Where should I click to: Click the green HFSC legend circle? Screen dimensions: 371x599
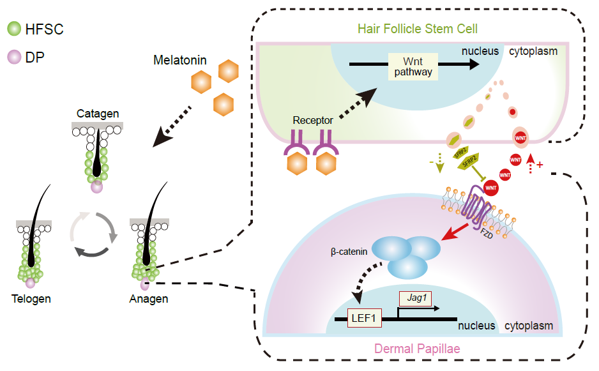[13, 29]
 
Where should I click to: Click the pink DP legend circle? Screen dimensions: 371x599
[13, 57]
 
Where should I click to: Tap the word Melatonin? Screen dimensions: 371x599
[179, 61]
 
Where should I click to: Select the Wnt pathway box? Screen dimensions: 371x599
[413, 66]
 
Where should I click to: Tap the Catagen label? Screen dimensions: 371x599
[98, 114]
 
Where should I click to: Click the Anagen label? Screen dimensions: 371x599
[148, 299]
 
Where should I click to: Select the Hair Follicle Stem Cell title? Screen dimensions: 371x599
[418, 29]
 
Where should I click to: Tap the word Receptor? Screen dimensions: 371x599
[313, 120]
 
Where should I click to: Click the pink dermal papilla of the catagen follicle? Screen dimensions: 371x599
[96, 186]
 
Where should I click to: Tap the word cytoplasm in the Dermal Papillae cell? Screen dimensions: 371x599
[529, 326]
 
